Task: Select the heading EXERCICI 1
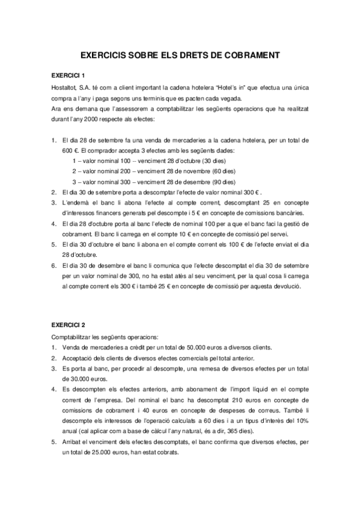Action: point(68,75)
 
